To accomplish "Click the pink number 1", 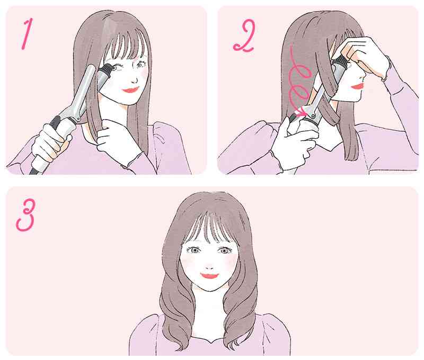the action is pyautogui.click(x=27, y=34).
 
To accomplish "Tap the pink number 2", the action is pyautogui.click(x=244, y=37).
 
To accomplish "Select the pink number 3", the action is pyautogui.click(x=25, y=215).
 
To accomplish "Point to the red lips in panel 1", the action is pyautogui.click(x=131, y=90).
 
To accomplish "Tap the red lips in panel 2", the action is pyautogui.click(x=357, y=86).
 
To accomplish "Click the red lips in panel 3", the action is pyautogui.click(x=209, y=276).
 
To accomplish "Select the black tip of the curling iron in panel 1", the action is pyautogui.click(x=105, y=69).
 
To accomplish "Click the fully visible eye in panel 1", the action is pyautogui.click(x=140, y=65).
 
